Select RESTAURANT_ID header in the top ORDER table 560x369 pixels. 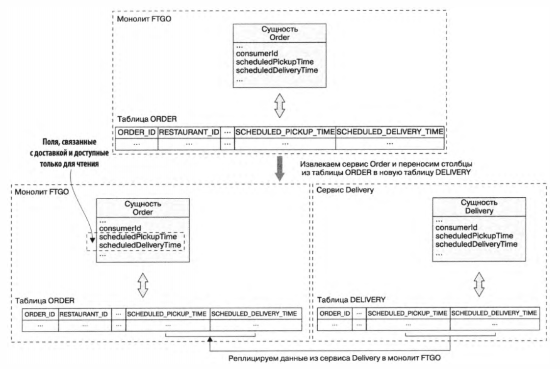(x=189, y=132)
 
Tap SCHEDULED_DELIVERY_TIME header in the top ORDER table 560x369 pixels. (x=390, y=132)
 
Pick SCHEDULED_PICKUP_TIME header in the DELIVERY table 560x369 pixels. (x=407, y=313)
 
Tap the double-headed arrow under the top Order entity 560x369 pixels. (x=279, y=105)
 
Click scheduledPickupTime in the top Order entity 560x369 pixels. (x=275, y=62)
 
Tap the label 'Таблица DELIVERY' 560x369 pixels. (x=346, y=299)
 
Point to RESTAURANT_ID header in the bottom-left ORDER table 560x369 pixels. (x=83, y=313)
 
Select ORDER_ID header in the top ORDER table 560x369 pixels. (x=136, y=132)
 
